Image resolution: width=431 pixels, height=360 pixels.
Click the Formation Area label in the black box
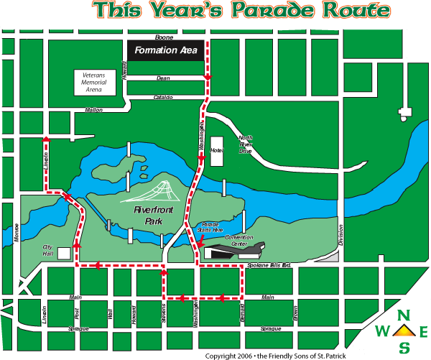pos(166,51)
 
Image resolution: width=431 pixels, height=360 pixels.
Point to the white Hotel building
pos(217,152)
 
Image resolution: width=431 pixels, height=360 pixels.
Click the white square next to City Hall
pos(65,254)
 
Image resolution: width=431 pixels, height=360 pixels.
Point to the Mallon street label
pos(94,110)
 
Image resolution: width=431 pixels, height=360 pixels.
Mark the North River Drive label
pos(246,144)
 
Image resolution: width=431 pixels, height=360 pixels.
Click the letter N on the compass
pos(404,315)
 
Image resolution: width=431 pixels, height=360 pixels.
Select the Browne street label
pos(295,313)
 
